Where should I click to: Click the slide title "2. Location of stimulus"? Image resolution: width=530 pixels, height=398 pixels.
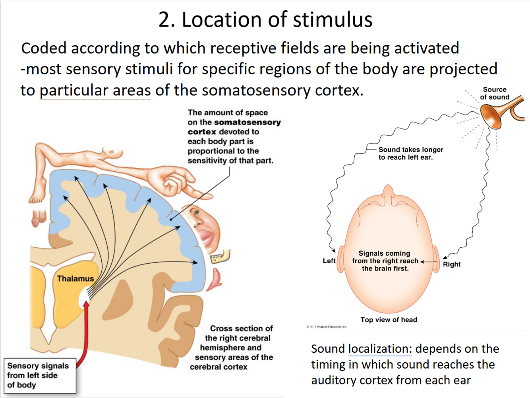tap(265, 19)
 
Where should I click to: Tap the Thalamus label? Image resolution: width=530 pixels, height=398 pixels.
tap(75, 278)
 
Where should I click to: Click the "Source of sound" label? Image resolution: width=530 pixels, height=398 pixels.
tap(494, 93)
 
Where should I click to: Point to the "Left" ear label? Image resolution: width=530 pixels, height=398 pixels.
tap(329, 261)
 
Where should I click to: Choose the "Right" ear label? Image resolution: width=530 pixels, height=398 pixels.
tap(452, 264)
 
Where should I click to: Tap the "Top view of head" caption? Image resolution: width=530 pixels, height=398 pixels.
tap(389, 320)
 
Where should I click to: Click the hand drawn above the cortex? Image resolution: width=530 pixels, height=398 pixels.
tap(175, 181)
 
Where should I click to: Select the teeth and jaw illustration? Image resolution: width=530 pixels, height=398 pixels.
tap(220, 257)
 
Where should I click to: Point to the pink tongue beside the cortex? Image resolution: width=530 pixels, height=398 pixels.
tap(216, 278)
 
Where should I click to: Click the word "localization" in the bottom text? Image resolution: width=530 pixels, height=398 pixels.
tap(380, 349)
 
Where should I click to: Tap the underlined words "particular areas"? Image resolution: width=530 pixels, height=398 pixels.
tap(95, 91)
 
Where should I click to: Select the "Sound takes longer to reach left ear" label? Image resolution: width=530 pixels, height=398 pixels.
tap(410, 153)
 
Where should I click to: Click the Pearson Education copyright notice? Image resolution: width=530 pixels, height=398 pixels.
tap(327, 327)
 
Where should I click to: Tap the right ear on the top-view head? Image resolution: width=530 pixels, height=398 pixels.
tap(436, 259)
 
